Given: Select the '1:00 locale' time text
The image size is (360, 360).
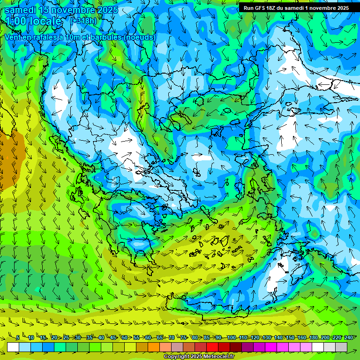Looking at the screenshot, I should (x=33, y=21).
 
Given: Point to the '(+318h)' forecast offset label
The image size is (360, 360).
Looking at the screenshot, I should (x=84, y=21).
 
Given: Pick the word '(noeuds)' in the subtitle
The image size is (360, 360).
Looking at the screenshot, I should (x=139, y=37).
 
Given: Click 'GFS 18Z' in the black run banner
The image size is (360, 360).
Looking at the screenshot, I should (x=264, y=8).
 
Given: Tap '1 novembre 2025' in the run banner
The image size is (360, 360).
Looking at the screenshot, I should (x=326, y=8).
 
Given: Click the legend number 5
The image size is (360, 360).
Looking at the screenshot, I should (x=18, y=337).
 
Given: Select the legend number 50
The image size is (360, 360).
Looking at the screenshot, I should (x=125, y=337).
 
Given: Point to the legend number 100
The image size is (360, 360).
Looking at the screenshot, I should (x=231, y=337).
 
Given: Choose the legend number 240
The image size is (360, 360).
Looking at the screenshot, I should (x=349, y=337).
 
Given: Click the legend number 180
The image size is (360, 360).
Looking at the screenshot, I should (x=314, y=337).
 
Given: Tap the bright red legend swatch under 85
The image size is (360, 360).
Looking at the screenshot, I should (x=212, y=347).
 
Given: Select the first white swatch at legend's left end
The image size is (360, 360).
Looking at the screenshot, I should (x=13, y=347).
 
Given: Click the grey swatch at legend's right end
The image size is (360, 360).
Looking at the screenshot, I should (x=341, y=347).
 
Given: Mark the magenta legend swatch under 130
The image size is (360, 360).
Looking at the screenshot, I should (x=271, y=347).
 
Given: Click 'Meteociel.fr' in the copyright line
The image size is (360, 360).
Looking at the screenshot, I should (x=219, y=357).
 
